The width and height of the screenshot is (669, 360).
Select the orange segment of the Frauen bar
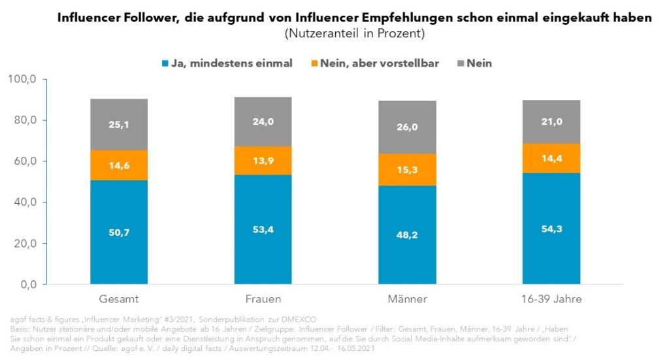[x=263, y=161]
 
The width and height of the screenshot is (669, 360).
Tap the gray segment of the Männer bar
[x=407, y=127]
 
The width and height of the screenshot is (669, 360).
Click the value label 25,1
[x=118, y=125]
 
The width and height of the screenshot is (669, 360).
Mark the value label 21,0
[x=551, y=122]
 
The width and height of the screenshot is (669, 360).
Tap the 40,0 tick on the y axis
[x=27, y=203]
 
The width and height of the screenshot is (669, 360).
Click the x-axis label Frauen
[x=263, y=299]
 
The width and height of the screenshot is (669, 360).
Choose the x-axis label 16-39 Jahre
[x=551, y=299]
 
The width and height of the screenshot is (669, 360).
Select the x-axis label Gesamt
[x=118, y=299]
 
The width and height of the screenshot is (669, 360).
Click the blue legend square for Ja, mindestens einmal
[x=164, y=64]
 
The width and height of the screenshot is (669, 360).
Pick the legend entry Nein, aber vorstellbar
[x=378, y=63]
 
